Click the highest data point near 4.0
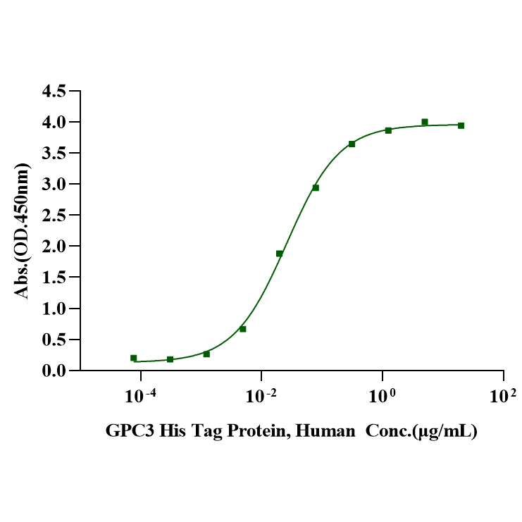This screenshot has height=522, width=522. [x=425, y=122]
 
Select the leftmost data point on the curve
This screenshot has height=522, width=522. [x=134, y=358]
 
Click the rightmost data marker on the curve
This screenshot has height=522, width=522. [x=461, y=125]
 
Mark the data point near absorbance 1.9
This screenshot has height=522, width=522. [x=280, y=254]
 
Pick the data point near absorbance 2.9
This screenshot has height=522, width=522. [x=316, y=187]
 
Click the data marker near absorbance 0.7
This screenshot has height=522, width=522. [x=243, y=329]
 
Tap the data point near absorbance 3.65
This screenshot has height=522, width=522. [x=352, y=144]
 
